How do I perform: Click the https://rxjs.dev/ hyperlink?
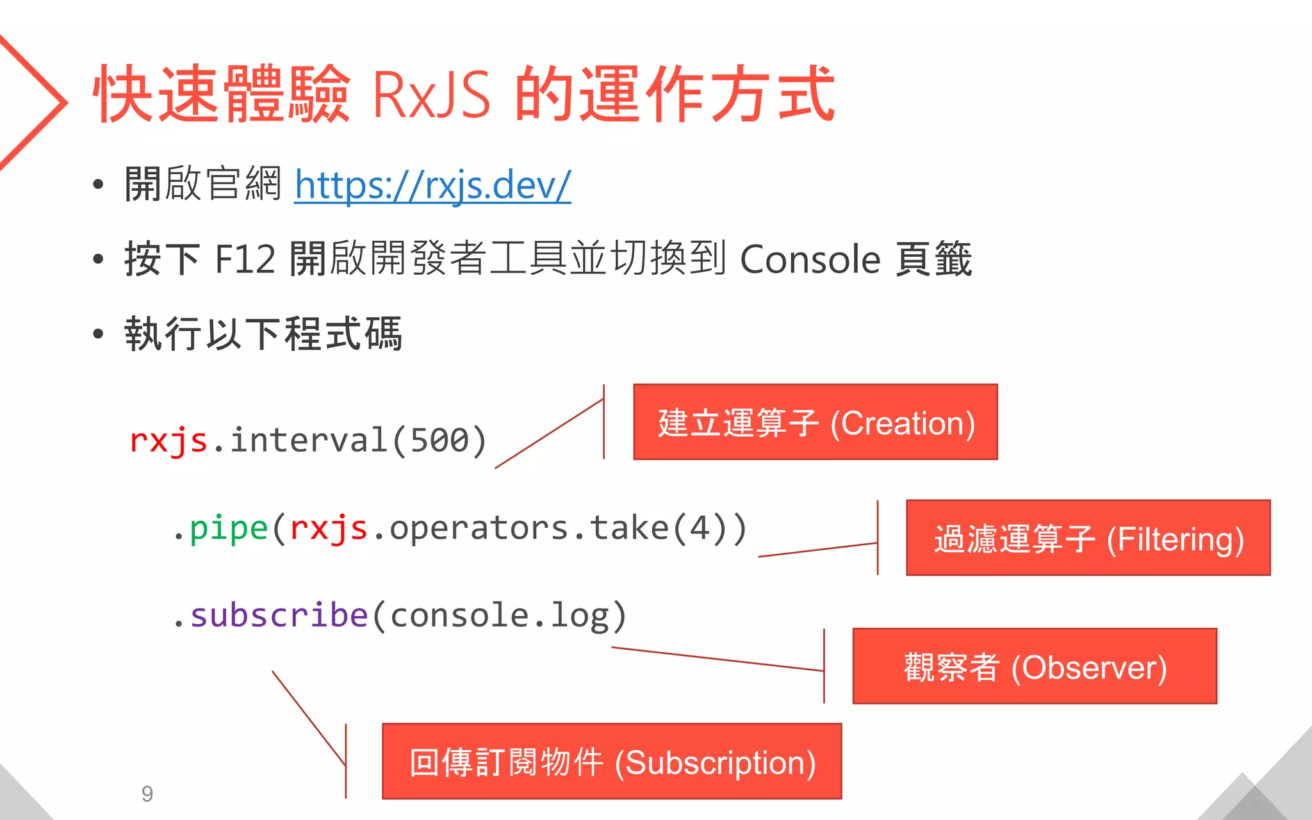click(x=432, y=185)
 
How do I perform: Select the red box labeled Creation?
click(x=815, y=422)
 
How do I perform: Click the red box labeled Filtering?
click(x=1088, y=538)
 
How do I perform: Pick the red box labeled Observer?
click(x=1034, y=666)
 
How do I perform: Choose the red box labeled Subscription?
click(x=611, y=762)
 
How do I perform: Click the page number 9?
click(x=147, y=794)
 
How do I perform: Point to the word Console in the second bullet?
click(x=810, y=259)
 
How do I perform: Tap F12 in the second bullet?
click(x=245, y=259)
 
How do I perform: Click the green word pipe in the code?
click(x=229, y=529)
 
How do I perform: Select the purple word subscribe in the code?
click(x=279, y=616)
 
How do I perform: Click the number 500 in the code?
click(x=439, y=441)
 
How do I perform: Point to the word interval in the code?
click(x=308, y=441)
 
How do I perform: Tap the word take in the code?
click(x=629, y=529)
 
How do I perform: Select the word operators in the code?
click(x=479, y=529)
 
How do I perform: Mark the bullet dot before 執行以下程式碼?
click(x=98, y=334)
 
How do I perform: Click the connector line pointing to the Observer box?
click(x=717, y=659)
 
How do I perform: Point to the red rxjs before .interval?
click(x=168, y=441)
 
